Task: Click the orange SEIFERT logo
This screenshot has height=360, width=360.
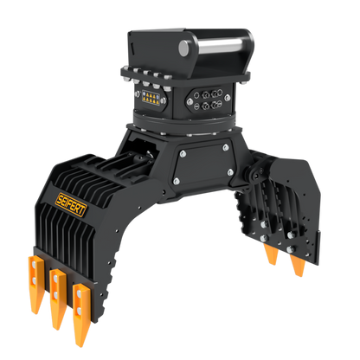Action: pos(71,204)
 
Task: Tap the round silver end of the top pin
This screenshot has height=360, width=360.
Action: pos(183,48)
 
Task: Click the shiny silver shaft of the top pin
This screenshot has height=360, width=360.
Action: pos(220,46)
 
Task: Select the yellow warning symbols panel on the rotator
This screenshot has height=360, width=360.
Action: pos(151,98)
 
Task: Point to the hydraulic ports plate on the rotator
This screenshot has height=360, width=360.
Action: pos(208,100)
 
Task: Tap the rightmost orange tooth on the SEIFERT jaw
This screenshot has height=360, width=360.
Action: pos(81,314)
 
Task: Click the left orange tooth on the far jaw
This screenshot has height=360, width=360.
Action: pos(272,254)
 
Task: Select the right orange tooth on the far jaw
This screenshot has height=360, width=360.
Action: pos(298,265)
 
